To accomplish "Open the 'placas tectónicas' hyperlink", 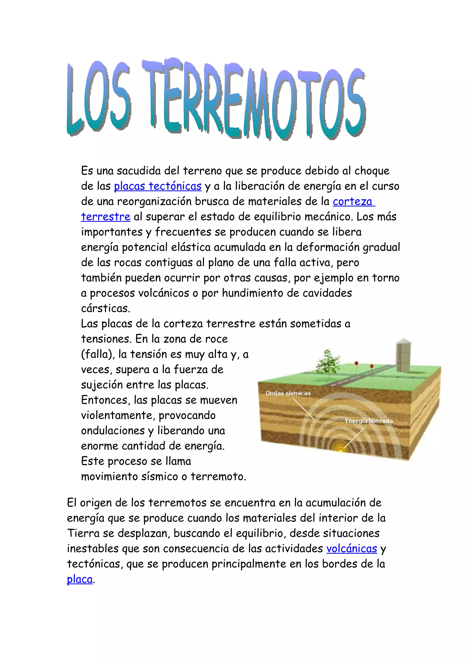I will pyautogui.click(x=158, y=186).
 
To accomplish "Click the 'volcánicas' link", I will pyautogui.click(x=351, y=548).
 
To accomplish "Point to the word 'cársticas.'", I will pyautogui.click(x=106, y=308).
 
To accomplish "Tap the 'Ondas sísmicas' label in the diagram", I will pyautogui.click(x=288, y=393).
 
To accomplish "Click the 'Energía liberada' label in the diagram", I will pyautogui.click(x=369, y=421).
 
